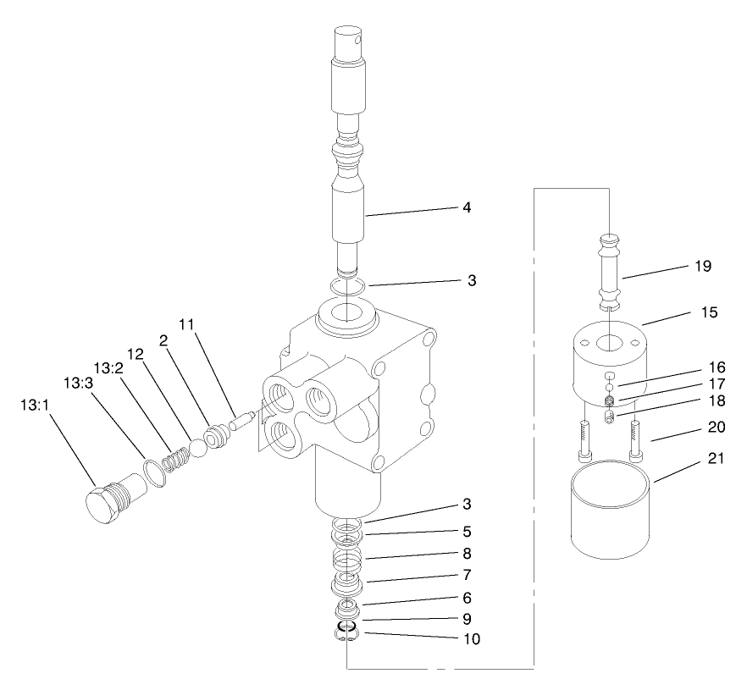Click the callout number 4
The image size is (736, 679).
(x=467, y=207)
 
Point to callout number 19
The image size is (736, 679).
(x=702, y=266)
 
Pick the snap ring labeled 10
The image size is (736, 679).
(x=346, y=632)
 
